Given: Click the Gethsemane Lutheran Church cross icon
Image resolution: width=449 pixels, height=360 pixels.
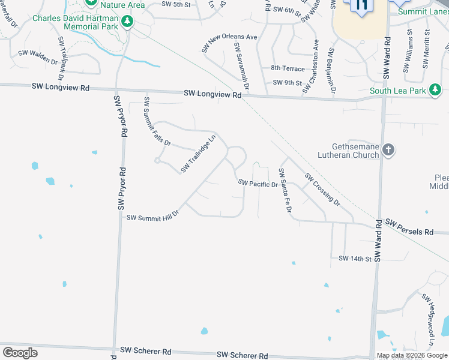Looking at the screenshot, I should click(388, 149).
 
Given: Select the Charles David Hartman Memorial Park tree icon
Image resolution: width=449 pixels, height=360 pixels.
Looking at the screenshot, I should click(127, 22).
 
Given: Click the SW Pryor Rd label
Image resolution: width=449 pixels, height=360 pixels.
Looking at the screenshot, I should click(121, 153).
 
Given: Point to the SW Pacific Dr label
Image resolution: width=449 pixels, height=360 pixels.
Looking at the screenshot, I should click(258, 183).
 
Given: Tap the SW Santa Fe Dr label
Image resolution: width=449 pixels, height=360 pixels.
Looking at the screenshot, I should click(284, 191).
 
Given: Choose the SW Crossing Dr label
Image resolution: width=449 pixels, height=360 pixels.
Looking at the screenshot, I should click(322, 189).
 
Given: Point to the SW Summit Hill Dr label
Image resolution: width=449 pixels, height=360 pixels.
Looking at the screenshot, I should click(152, 215).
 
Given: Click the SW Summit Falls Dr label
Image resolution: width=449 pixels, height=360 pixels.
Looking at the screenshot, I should click(157, 122).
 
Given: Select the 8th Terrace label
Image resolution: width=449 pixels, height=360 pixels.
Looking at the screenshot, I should click(283, 69).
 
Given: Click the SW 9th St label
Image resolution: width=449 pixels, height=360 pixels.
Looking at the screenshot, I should click(285, 82).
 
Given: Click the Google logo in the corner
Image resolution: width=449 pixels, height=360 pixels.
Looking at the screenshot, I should click(20, 352).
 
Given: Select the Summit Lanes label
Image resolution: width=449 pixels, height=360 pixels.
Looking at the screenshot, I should click(423, 11).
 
